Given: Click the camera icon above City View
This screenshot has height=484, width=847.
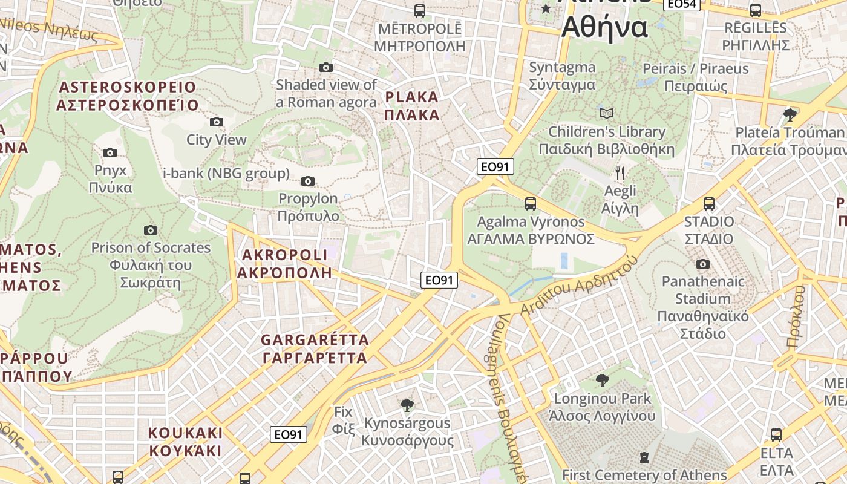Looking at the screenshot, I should (216, 122).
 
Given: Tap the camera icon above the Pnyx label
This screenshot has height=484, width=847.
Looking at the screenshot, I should (110, 152).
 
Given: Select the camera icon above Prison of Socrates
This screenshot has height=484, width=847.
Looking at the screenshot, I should (151, 230).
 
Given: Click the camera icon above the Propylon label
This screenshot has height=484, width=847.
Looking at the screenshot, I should (308, 181).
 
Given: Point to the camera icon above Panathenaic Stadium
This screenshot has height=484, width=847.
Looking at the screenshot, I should (702, 264).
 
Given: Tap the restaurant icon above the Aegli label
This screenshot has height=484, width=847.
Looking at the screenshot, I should (620, 174).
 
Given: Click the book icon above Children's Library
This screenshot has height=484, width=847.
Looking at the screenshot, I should (606, 113).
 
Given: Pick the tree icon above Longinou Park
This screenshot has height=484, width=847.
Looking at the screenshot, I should (602, 381).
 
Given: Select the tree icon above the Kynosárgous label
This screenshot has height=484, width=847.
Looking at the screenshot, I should (407, 405).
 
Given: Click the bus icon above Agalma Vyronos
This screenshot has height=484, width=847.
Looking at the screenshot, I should (531, 204).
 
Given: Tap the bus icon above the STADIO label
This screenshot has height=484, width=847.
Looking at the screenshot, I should (709, 204).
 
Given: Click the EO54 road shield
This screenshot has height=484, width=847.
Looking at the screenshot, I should (682, 4).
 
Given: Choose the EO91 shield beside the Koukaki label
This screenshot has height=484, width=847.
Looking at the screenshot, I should (289, 434).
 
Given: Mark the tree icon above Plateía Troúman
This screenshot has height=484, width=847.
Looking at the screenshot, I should (790, 114).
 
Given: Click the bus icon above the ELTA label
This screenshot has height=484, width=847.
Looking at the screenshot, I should (776, 434).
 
